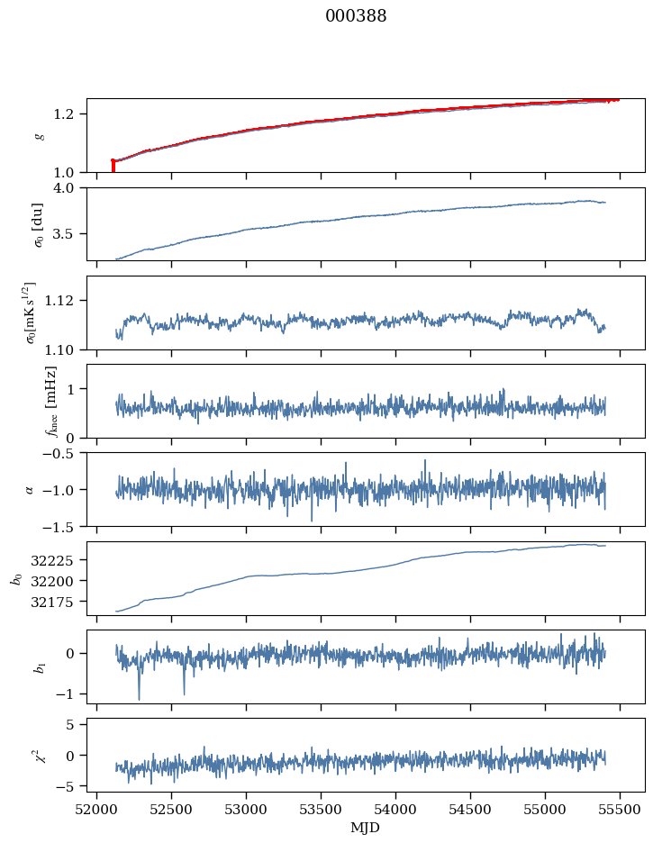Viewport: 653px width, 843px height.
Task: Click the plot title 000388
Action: tap(356, 16)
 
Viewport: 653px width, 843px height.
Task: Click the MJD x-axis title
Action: tap(366, 828)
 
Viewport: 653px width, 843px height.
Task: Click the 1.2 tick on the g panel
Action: tap(70, 114)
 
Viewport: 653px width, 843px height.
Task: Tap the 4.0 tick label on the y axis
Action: tap(70, 188)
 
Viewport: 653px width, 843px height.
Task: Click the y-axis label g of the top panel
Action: tap(38, 135)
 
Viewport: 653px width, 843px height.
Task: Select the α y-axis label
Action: tap(30, 489)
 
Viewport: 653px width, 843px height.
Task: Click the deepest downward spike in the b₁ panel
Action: tap(139, 699)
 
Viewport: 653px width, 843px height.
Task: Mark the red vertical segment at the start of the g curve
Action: tap(113, 166)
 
